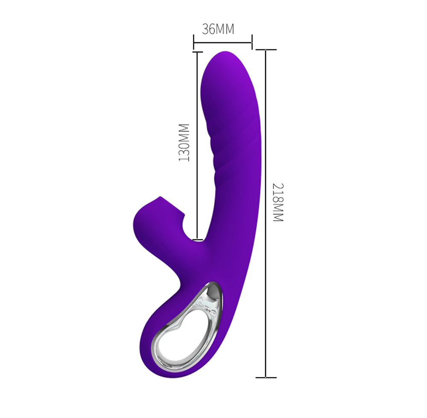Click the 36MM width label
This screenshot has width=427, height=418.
coord(218,29)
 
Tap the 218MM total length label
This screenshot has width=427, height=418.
coord(278,202)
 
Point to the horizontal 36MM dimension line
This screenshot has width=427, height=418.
coord(222,42)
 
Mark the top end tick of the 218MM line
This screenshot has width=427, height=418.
coord(266,50)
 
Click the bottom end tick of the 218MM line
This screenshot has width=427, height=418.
coord(266,377)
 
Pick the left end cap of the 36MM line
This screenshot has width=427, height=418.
coord(193,42)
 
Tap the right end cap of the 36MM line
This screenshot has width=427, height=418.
coord(252,42)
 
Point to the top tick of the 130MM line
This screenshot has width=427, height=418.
coord(197,52)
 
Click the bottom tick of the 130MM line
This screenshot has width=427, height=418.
coord(197,240)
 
